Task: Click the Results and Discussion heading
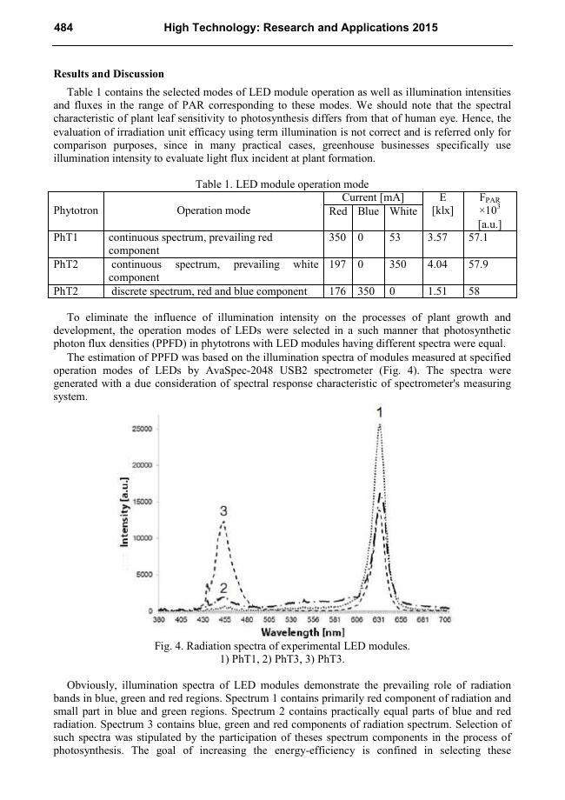(109, 73)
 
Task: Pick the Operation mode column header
(213, 210)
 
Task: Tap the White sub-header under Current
(403, 211)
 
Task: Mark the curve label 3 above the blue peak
(224, 510)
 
